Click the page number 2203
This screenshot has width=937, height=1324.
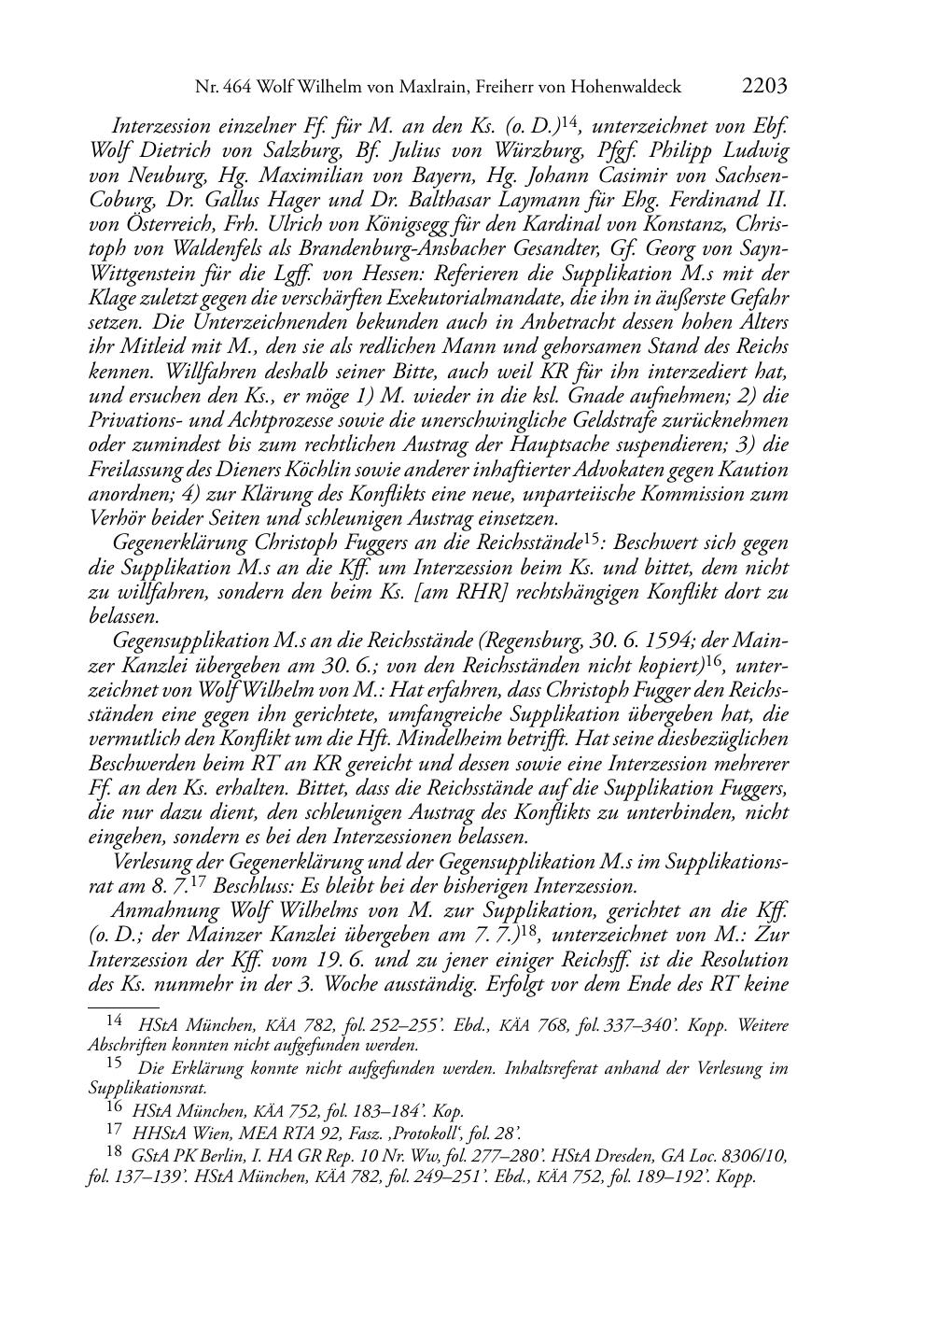(765, 87)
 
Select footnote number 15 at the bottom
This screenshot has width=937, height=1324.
(115, 1062)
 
